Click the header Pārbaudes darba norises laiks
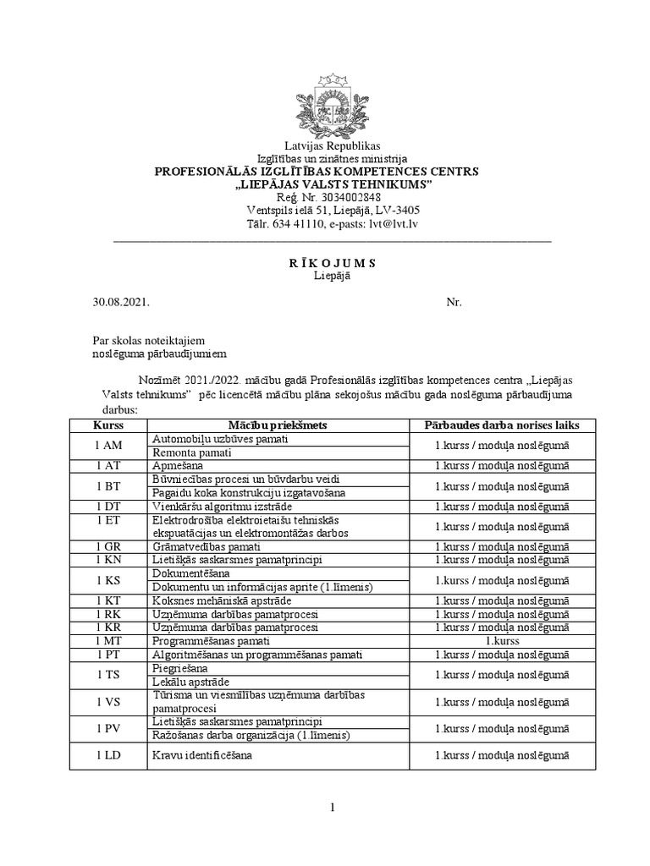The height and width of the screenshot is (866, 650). [502, 425]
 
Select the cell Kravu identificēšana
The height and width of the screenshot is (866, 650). [202, 755]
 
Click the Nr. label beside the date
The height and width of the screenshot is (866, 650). [454, 301]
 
